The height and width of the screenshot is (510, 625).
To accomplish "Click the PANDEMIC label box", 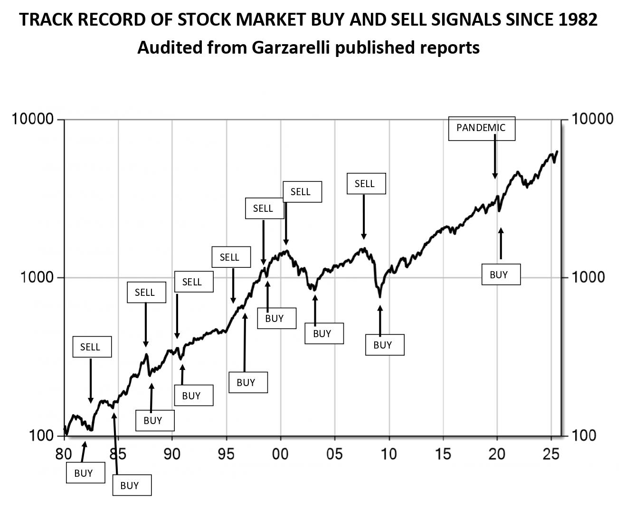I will pos(482,128).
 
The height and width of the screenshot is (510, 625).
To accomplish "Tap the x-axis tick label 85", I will pos(118,454).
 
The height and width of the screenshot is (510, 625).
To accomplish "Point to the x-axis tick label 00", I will pos(280,454).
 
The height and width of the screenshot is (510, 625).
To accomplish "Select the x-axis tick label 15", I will pos(443,454).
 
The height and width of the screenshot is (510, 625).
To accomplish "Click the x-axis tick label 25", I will pos(551,454).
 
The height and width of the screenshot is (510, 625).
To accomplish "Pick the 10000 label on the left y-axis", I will pos(32,119).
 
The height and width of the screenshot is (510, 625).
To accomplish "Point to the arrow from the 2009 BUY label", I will pos(380,321).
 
